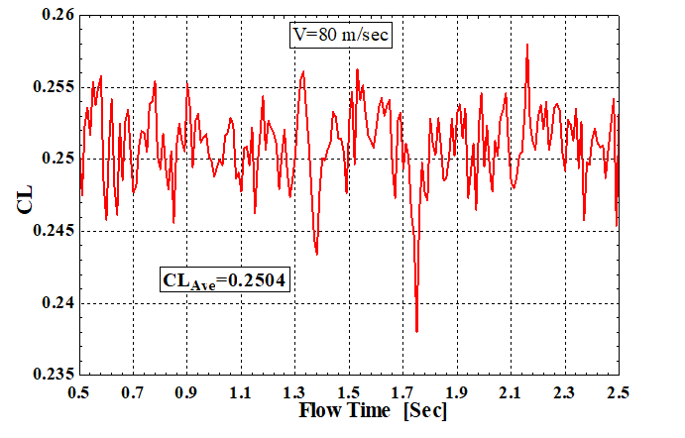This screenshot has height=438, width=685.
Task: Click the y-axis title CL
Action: [x=21, y=197]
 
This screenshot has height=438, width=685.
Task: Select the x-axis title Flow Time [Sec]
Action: [x=347, y=409]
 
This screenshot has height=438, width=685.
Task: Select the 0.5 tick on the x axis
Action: [x=79, y=391]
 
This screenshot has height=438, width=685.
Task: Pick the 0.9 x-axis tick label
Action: [x=186, y=391]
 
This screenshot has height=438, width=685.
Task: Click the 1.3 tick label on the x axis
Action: [x=293, y=391]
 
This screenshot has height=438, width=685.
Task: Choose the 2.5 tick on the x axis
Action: [x=617, y=391]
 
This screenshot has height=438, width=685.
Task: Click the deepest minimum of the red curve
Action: [x=417, y=331]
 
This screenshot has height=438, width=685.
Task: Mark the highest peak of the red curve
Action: [x=527, y=45]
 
